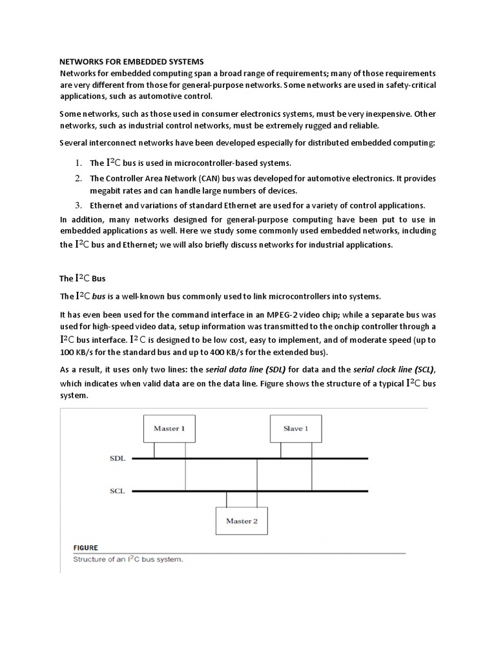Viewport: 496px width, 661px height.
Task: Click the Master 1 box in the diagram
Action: point(169,429)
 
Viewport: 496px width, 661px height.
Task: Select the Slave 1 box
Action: point(296,429)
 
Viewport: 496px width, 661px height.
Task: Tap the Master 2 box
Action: point(242,520)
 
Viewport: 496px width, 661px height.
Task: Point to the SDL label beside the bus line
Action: point(118,458)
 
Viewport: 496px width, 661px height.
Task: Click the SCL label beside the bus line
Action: point(118,491)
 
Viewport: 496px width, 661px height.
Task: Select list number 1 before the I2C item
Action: point(77,163)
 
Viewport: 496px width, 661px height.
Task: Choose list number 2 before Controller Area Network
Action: point(77,178)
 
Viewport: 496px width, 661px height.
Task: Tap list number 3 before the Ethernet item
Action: point(77,205)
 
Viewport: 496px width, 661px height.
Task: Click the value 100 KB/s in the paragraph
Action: point(76,352)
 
